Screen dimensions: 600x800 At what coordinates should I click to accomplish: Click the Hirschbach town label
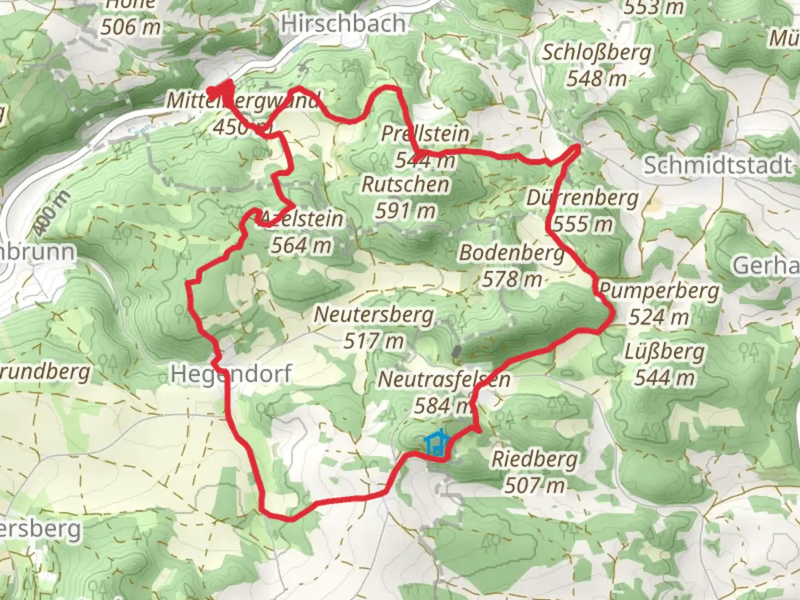click(x=343, y=24)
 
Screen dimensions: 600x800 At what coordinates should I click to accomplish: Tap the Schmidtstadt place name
click(x=717, y=165)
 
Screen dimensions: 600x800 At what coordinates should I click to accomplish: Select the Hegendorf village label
click(x=231, y=374)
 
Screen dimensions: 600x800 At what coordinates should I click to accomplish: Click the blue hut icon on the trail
click(x=437, y=443)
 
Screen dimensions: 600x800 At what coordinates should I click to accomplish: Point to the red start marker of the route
click(x=221, y=90)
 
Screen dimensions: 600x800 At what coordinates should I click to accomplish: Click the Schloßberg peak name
click(x=596, y=53)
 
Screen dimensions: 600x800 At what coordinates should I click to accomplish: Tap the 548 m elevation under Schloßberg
click(x=596, y=79)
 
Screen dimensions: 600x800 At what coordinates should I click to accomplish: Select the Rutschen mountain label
click(x=406, y=184)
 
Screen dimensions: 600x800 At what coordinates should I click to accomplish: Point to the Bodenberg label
click(x=511, y=253)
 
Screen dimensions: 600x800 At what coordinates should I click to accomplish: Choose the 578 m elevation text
click(x=511, y=279)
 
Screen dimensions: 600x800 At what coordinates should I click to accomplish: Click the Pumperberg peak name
click(x=659, y=291)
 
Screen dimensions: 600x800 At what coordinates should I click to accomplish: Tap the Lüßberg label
click(x=664, y=352)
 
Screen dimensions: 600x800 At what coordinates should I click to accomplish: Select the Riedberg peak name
click(x=534, y=459)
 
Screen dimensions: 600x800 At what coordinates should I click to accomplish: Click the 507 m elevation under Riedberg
click(x=534, y=486)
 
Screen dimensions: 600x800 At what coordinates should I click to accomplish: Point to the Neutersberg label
click(x=374, y=314)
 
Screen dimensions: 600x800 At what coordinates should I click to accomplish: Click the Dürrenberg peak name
click(x=582, y=198)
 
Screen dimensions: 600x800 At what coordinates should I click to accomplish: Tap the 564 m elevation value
click(x=301, y=245)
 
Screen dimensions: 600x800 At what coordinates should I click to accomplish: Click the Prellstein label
click(x=425, y=134)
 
